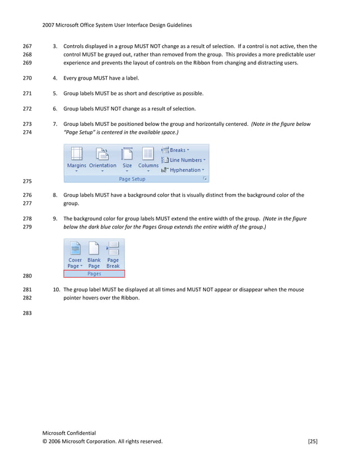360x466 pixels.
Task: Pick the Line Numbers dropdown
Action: (183, 160)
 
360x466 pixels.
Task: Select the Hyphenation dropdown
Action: (183, 170)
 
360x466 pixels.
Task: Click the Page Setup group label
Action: (132, 179)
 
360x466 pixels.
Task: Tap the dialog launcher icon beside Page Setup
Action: (205, 179)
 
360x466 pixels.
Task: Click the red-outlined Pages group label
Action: (94, 274)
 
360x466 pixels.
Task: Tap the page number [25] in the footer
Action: (312, 441)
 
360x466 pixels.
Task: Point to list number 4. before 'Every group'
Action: (55, 78)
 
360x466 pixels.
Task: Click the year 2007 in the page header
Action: (49, 25)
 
